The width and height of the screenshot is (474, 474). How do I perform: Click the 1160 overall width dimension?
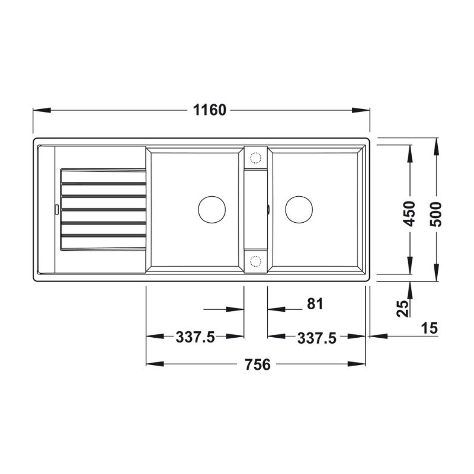click(210, 110)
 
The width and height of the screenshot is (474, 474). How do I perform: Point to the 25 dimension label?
click(402, 308)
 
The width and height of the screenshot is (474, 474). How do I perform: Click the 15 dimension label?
click(429, 328)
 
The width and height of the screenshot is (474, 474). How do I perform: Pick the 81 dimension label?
click(315, 303)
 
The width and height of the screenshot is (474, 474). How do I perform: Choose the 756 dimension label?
click(258, 364)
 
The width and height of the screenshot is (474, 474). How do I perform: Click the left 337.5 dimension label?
click(196, 337)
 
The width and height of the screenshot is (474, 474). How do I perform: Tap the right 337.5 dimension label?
click(317, 338)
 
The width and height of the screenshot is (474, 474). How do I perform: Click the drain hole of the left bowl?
click(212, 210)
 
